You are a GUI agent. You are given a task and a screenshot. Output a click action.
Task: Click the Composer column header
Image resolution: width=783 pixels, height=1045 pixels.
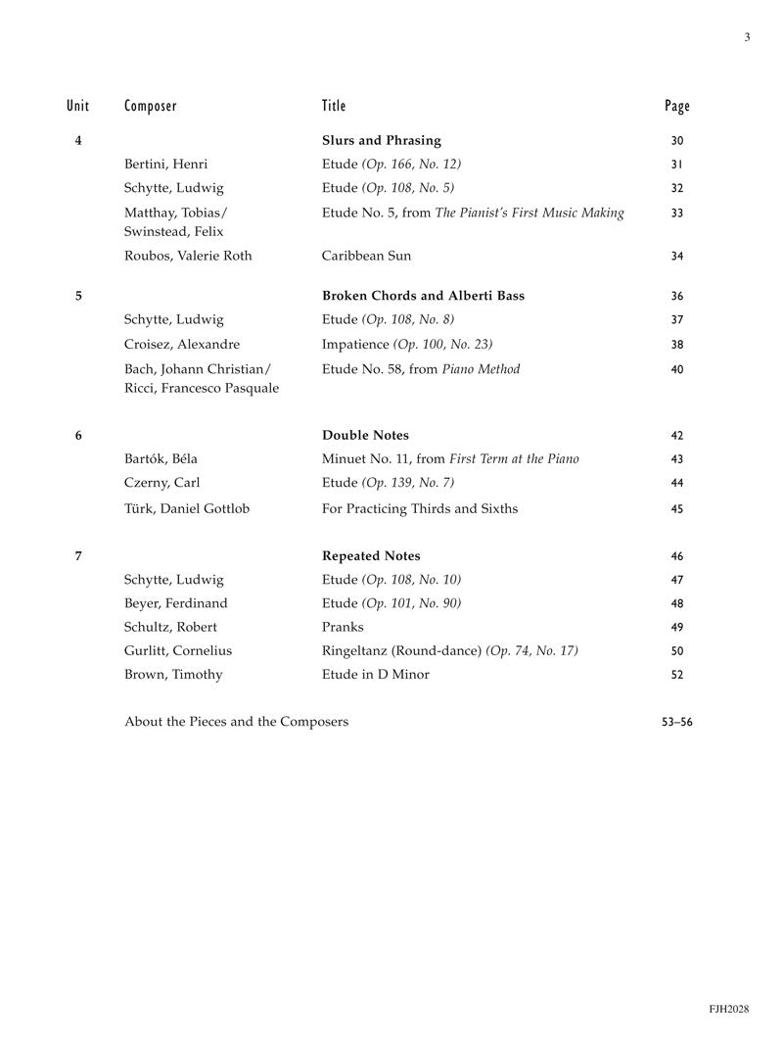pos(151,106)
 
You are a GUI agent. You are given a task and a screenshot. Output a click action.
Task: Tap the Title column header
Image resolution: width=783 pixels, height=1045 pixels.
pos(334,106)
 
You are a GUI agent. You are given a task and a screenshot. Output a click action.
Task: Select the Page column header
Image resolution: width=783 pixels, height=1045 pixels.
pos(676,106)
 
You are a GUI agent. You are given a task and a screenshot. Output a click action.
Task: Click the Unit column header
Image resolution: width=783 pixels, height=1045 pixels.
pos(78,106)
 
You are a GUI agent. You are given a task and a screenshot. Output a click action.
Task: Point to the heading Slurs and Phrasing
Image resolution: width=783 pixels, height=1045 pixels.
pos(381,141)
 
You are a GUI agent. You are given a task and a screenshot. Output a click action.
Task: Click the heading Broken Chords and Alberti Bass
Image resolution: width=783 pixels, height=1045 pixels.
pos(423,296)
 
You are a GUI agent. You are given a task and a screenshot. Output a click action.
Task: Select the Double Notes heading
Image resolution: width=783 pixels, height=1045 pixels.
pos(365,436)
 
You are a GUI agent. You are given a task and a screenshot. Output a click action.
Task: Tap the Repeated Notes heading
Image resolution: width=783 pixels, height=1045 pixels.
pos(371,556)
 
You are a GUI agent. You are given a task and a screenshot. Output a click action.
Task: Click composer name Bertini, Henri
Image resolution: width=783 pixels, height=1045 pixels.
pos(166,165)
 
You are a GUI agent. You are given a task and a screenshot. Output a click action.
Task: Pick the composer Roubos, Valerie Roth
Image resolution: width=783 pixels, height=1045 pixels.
pos(188,256)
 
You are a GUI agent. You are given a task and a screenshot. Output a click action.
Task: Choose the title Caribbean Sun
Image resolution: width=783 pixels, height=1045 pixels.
pos(366,256)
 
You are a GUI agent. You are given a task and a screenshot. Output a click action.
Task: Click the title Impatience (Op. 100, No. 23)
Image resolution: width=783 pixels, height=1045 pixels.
pos(407,345)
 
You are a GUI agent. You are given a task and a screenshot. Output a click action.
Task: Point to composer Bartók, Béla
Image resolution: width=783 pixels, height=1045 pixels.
pos(161,459)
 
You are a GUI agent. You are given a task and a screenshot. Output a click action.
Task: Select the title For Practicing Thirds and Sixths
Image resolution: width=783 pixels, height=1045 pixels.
pos(420,508)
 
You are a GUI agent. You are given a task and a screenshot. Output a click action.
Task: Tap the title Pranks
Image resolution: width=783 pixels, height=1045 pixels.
pos(343,627)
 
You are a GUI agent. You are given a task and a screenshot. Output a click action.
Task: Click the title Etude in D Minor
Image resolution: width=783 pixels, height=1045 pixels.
pos(375,675)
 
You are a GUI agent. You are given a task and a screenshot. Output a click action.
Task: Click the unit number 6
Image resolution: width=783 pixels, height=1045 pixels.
pos(78,436)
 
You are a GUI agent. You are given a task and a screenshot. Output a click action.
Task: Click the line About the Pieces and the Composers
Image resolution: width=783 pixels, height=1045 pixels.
pos(236,723)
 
